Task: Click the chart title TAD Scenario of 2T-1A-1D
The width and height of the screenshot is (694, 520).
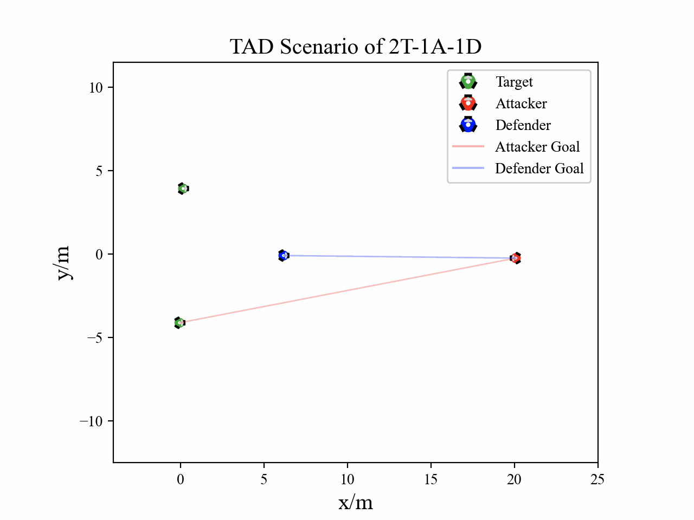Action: (x=356, y=47)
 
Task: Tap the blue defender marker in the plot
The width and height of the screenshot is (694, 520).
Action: (x=283, y=255)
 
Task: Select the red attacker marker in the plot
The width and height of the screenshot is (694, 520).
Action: (x=516, y=258)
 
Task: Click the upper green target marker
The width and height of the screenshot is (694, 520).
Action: (x=183, y=188)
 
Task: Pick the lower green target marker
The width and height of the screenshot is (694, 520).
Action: (x=179, y=323)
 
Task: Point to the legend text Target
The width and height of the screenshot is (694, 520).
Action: (x=514, y=82)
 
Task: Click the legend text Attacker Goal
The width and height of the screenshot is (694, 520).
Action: (x=537, y=147)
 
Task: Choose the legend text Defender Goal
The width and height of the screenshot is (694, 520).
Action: (x=539, y=168)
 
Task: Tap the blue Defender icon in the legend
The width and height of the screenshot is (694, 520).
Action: (x=468, y=125)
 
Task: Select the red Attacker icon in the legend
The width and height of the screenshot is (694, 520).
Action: (x=468, y=103)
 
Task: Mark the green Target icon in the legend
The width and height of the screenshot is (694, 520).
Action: (x=468, y=82)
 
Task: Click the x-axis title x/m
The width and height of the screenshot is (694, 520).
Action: (x=356, y=503)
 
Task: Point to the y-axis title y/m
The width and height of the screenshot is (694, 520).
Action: (x=63, y=263)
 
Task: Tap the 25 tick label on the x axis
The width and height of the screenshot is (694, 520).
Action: (x=597, y=479)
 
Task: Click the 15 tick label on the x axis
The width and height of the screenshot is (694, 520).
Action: (x=430, y=479)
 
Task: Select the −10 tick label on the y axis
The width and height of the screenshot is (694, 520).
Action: (x=91, y=421)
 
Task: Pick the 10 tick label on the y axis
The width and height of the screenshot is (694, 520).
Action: (x=95, y=88)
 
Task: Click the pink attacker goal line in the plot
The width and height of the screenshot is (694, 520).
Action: (x=347, y=290)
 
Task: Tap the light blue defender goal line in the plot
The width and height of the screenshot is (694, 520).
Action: (x=399, y=257)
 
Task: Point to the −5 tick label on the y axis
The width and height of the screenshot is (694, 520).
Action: (x=95, y=338)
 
